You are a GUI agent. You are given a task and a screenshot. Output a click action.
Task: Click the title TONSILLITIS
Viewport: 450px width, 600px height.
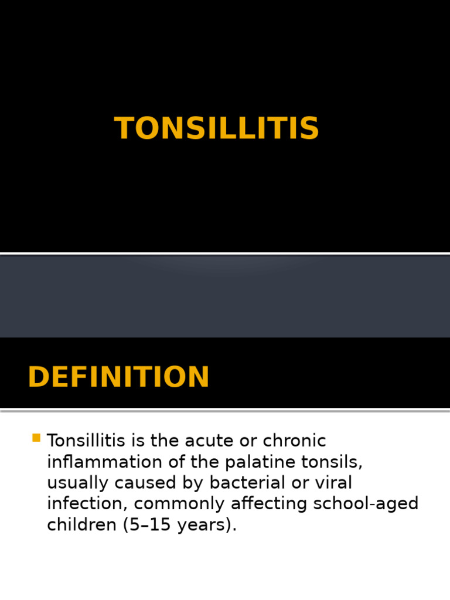point(217,128)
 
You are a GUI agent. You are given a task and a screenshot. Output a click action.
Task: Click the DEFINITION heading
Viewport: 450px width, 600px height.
point(118,377)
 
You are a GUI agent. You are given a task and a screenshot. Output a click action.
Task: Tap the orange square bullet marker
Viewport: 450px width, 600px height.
point(36,438)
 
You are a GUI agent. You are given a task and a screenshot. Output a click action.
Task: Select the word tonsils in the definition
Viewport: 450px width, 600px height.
point(333,462)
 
